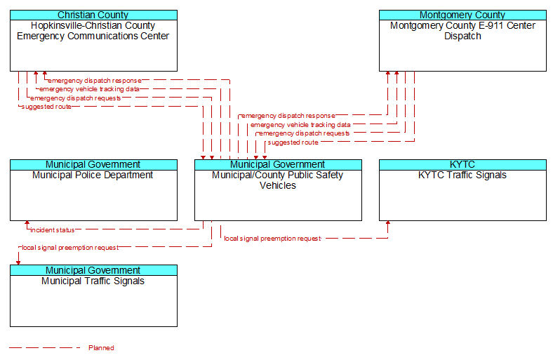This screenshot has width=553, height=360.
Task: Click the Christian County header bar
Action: (x=93, y=15)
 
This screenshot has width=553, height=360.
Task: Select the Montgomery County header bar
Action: (x=462, y=15)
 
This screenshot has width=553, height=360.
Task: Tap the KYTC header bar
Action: (x=462, y=165)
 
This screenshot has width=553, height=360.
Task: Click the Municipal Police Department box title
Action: (x=93, y=175)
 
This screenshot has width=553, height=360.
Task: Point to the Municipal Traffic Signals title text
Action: (x=93, y=281)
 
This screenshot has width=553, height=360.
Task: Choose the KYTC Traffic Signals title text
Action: (x=462, y=175)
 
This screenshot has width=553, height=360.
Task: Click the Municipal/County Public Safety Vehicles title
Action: (x=278, y=180)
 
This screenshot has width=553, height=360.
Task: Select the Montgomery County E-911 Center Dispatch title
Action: (x=462, y=31)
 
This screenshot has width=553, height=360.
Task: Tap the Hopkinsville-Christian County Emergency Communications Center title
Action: (x=93, y=31)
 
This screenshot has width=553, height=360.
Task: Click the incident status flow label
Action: (x=53, y=230)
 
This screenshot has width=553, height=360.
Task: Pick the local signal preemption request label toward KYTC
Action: (x=272, y=239)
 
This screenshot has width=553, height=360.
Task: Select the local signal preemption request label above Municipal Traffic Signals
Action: (x=70, y=248)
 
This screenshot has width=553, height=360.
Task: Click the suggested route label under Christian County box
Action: (x=46, y=107)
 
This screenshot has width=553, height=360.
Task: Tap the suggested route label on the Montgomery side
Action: (x=293, y=142)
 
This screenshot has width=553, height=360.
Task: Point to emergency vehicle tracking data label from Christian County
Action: (x=89, y=89)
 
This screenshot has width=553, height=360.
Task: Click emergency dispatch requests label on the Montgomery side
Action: (x=305, y=133)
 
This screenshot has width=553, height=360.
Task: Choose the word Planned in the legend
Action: (x=101, y=348)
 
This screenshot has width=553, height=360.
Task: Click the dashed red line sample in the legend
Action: (x=45, y=348)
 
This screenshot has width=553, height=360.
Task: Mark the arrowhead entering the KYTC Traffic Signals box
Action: (x=388, y=223)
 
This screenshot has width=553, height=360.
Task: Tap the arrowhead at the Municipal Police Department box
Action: (x=27, y=223)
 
